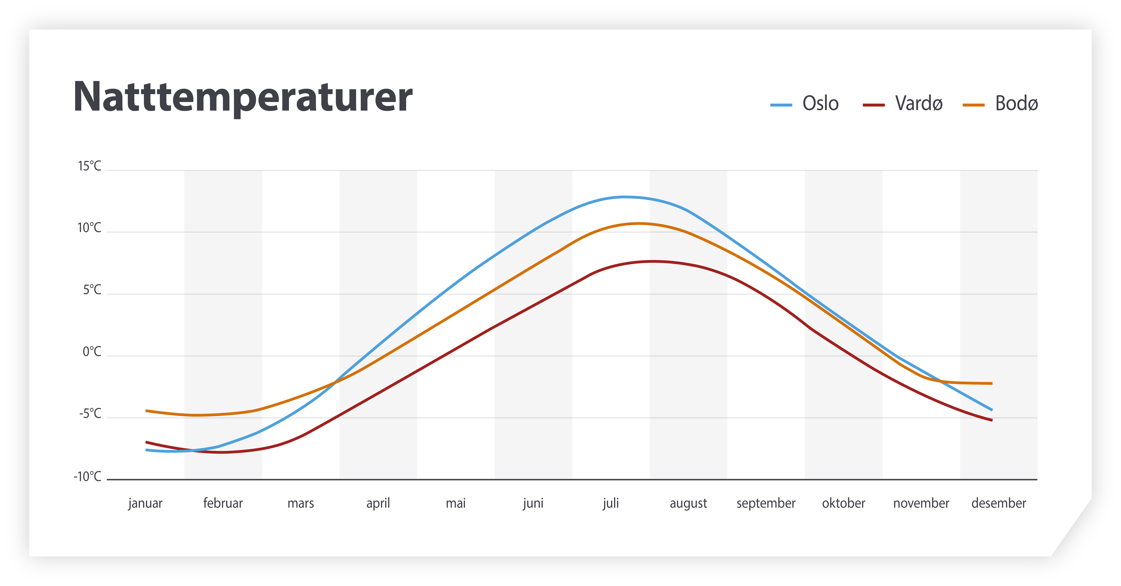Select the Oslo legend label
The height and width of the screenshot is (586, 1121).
click(820, 104)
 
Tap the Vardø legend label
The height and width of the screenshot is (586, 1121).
click(919, 104)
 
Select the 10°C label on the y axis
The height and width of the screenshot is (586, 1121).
click(89, 228)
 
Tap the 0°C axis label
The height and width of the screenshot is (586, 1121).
click(92, 352)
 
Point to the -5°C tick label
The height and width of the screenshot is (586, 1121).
click(90, 414)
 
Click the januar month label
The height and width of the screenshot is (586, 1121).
click(145, 503)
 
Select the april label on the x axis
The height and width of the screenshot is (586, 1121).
click(378, 503)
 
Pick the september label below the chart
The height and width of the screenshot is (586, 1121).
click(766, 503)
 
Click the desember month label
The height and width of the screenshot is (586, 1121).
click(999, 503)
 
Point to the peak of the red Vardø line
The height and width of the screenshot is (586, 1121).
click(653, 261)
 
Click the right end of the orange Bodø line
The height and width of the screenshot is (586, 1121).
click(992, 383)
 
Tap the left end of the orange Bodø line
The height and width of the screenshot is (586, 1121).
click(147, 410)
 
